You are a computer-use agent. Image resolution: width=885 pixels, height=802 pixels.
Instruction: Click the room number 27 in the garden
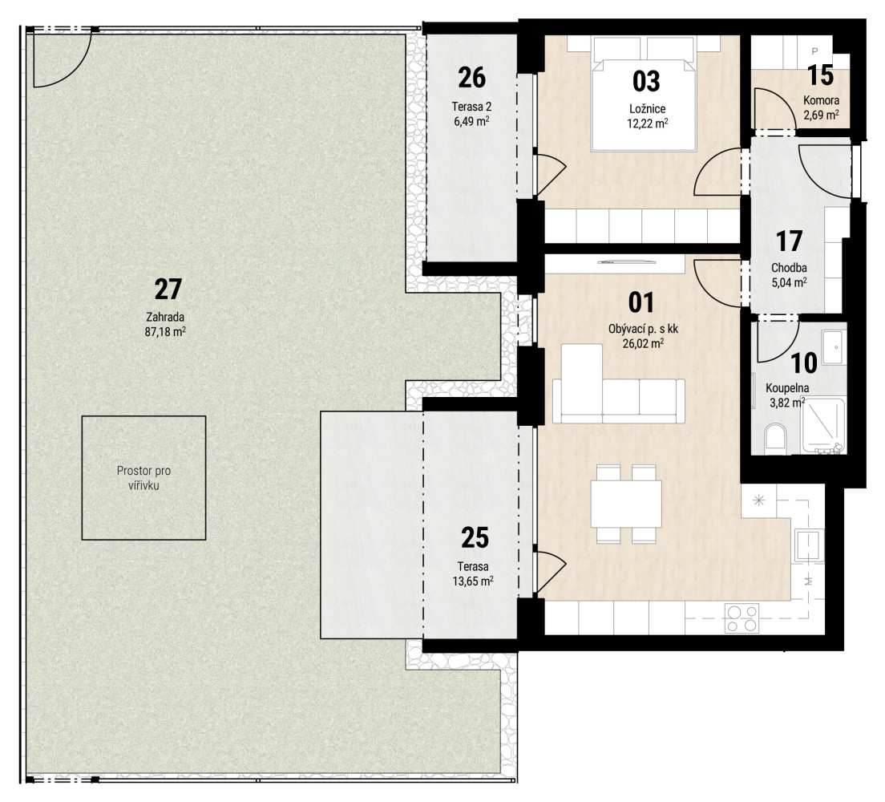tap(168, 290)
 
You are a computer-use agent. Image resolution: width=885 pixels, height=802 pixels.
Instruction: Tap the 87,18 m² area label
tap(165, 331)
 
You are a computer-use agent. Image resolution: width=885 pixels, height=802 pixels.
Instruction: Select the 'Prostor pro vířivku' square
tap(143, 478)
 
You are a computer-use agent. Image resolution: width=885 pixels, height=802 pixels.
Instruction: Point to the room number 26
tap(472, 78)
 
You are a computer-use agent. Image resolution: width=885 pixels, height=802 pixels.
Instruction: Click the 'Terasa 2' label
tap(471, 106)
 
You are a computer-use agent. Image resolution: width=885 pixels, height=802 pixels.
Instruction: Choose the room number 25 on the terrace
tap(475, 537)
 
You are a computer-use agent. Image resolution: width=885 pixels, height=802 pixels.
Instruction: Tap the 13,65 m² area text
tap(473, 580)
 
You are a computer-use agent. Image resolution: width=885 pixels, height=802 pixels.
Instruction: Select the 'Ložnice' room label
tap(648, 109)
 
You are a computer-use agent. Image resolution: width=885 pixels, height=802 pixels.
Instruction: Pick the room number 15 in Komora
tap(820, 75)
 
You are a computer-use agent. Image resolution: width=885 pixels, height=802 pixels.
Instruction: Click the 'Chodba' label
tap(789, 268)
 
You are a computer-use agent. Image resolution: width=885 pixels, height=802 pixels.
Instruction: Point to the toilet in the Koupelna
tap(775, 439)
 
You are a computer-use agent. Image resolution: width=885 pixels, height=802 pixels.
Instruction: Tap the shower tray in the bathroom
tap(823, 426)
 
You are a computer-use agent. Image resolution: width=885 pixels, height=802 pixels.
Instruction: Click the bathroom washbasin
tap(834, 346)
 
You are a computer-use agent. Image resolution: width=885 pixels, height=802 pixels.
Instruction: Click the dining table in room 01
tap(627, 504)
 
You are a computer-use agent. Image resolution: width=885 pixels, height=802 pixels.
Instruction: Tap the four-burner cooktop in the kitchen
tap(742, 618)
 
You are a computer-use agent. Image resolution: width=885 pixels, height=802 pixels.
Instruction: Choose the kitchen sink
tap(808, 545)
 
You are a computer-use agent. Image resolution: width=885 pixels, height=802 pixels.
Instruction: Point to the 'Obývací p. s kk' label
tap(643, 329)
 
